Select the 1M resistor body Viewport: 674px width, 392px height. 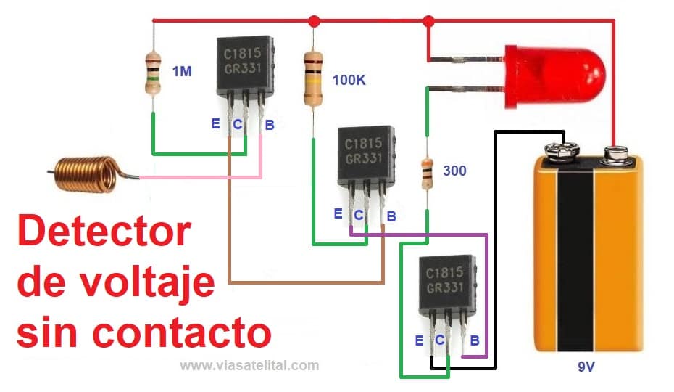pos(153,73)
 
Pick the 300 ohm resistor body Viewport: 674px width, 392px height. pos(427,173)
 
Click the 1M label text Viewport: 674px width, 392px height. pos(182,71)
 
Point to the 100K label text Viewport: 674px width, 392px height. pos(349,80)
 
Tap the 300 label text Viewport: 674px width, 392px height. pos(454,171)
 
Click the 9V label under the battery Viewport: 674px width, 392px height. pos(586,367)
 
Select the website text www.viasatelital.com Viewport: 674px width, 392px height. pos(249,365)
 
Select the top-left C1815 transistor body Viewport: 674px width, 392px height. pos(246,65)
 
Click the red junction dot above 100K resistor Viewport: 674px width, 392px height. pos(313,21)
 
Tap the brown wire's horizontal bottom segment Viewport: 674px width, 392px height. pos(305,282)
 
